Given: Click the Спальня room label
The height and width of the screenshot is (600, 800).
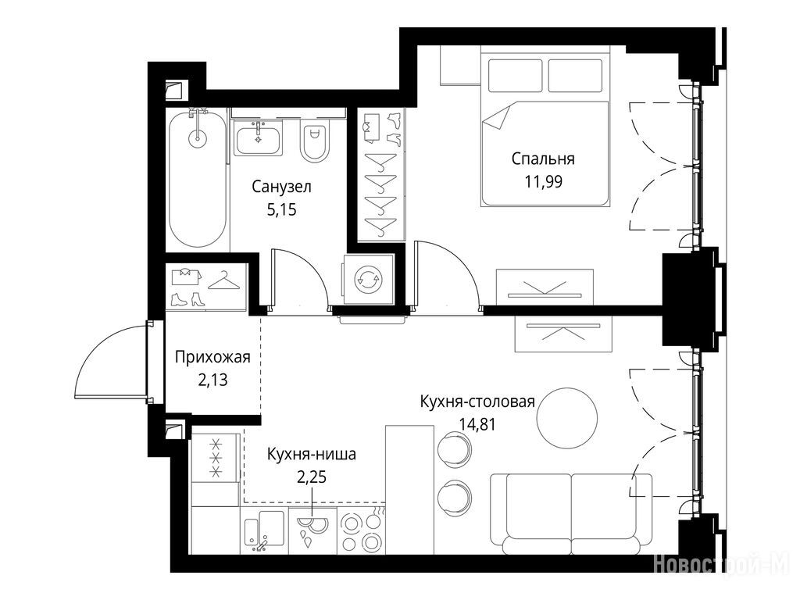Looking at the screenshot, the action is [x=543, y=159].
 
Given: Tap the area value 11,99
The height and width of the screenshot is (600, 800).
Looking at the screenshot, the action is [x=544, y=181].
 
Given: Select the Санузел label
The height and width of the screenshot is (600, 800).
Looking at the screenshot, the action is [x=281, y=187].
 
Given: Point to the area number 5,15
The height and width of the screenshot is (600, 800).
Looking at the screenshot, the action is [x=281, y=209].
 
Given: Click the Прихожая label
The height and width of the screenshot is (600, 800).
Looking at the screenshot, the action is [x=212, y=356].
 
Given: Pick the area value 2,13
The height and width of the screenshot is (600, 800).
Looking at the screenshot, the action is [x=212, y=380].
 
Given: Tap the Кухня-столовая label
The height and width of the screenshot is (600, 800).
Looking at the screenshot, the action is [x=477, y=402].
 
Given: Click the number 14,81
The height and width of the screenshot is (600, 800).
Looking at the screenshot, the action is [x=477, y=424].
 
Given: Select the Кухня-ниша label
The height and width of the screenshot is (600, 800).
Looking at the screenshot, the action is [x=311, y=454].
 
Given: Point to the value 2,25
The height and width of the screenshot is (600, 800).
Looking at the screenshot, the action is [x=311, y=477].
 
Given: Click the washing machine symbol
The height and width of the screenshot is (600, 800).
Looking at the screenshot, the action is [x=369, y=280].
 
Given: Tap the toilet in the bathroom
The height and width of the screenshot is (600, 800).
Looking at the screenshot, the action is [x=312, y=142].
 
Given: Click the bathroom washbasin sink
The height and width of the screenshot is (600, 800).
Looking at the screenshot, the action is [x=258, y=137].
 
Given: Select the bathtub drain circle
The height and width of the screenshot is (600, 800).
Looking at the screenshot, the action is [x=198, y=136].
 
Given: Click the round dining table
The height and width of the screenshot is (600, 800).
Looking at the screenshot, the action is [x=567, y=418].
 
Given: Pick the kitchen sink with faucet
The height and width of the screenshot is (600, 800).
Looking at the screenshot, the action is [x=263, y=531].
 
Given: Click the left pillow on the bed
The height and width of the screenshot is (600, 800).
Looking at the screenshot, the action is [x=514, y=76].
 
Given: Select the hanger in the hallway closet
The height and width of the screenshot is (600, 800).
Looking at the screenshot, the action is [x=223, y=281].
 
